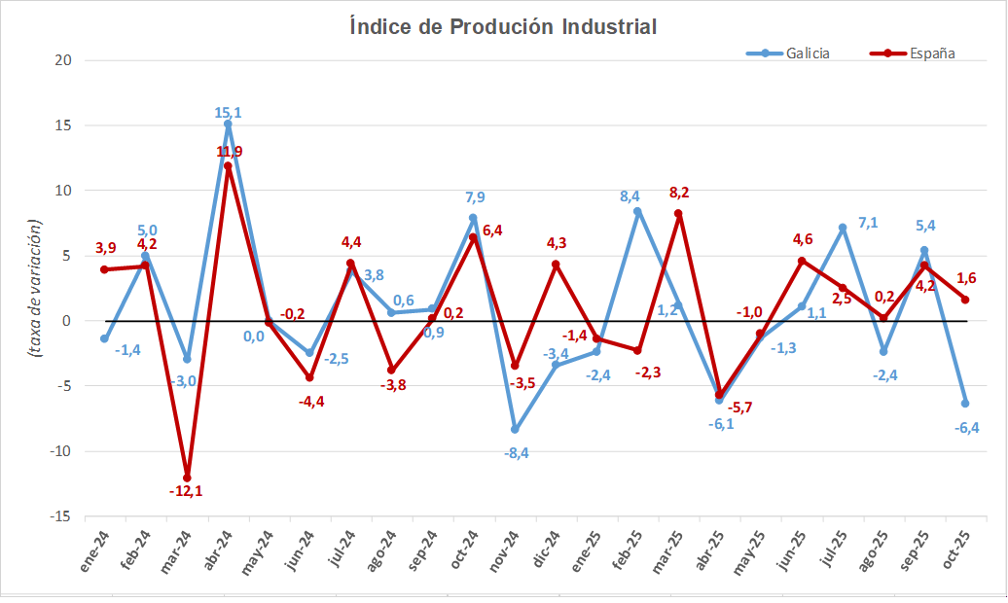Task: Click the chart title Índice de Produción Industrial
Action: [503, 26]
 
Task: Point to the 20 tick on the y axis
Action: [63, 60]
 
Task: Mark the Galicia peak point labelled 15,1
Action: [228, 124]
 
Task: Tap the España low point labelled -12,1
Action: [187, 478]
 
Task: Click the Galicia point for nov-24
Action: [515, 430]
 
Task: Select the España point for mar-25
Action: [678, 214]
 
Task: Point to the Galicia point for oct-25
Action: [965, 404]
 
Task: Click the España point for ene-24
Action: [104, 269]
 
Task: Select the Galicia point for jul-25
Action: [843, 228]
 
